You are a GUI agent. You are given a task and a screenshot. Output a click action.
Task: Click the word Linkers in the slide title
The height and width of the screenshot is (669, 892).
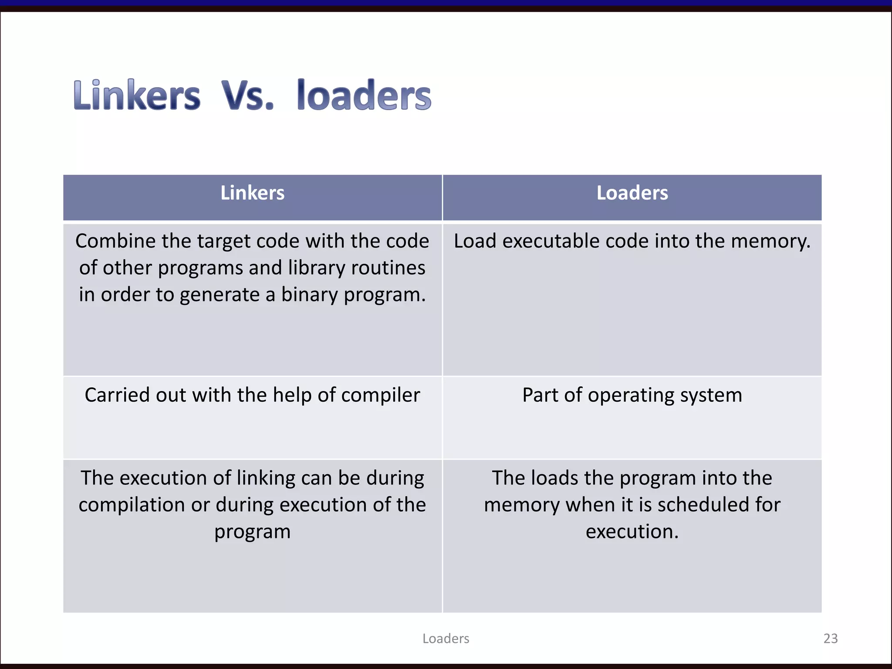(x=137, y=95)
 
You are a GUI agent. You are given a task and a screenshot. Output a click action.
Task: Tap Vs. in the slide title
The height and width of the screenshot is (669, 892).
(x=248, y=95)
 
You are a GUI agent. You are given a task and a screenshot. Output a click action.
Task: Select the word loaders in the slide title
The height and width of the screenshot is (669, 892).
(x=364, y=95)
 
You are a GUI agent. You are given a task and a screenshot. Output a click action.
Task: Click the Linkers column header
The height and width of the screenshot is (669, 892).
(x=252, y=193)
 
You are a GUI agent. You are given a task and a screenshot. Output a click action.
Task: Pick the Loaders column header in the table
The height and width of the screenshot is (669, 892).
(x=632, y=193)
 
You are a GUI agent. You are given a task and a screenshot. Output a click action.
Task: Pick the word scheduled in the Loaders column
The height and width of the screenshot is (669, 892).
(x=703, y=505)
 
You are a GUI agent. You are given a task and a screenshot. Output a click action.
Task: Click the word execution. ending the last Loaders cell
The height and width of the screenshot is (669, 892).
(x=632, y=531)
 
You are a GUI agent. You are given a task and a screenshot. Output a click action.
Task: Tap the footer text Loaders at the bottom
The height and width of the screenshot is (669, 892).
(x=446, y=639)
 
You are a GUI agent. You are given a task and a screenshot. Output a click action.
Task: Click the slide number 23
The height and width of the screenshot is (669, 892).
(x=830, y=639)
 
